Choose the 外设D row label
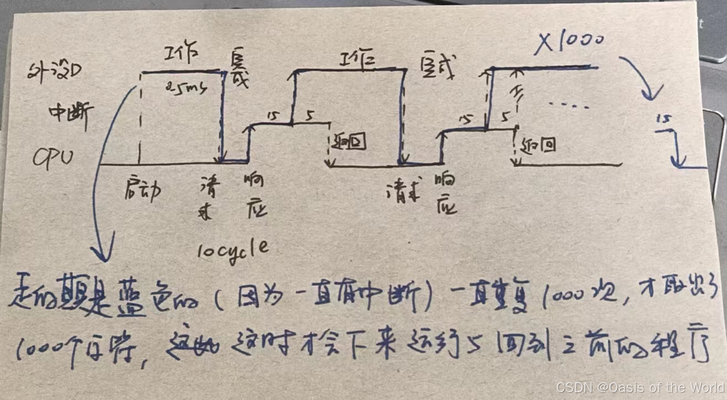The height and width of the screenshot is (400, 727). (55, 71)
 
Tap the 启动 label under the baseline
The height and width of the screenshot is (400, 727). (143, 190)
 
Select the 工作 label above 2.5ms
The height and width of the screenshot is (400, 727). (180, 55)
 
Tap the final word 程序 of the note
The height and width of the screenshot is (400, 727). (686, 348)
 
